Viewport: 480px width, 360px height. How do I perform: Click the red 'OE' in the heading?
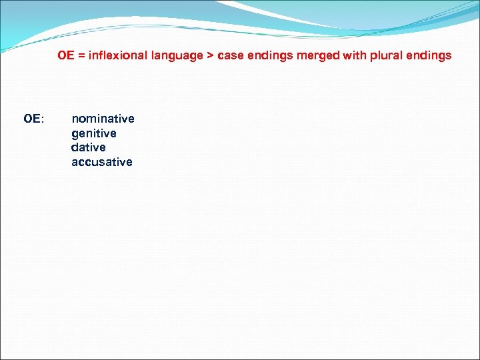[x=65, y=55]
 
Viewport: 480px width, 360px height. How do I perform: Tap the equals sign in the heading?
[x=82, y=56]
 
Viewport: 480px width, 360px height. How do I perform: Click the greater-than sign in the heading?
[x=211, y=56]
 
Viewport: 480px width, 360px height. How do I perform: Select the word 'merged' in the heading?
[x=316, y=56]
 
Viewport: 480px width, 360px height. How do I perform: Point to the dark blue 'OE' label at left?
[x=31, y=119]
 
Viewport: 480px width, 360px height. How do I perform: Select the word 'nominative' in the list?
[x=103, y=119]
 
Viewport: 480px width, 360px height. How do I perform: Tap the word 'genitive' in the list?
[x=93, y=133]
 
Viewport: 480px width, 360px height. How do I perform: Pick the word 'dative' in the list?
[x=89, y=147]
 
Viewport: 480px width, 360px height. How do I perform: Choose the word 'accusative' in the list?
[x=102, y=162]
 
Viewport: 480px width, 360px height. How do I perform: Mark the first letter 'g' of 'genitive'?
[x=75, y=135]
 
